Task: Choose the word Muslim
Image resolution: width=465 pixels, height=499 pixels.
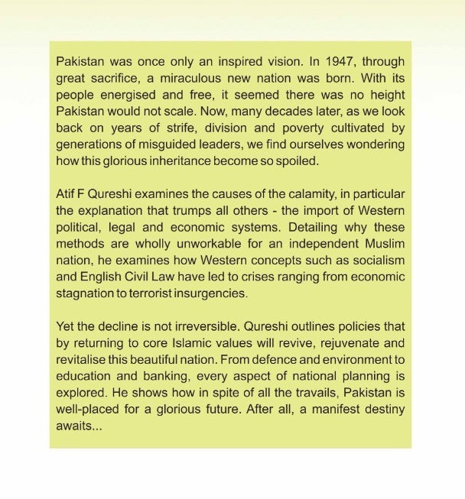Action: [383, 244]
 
